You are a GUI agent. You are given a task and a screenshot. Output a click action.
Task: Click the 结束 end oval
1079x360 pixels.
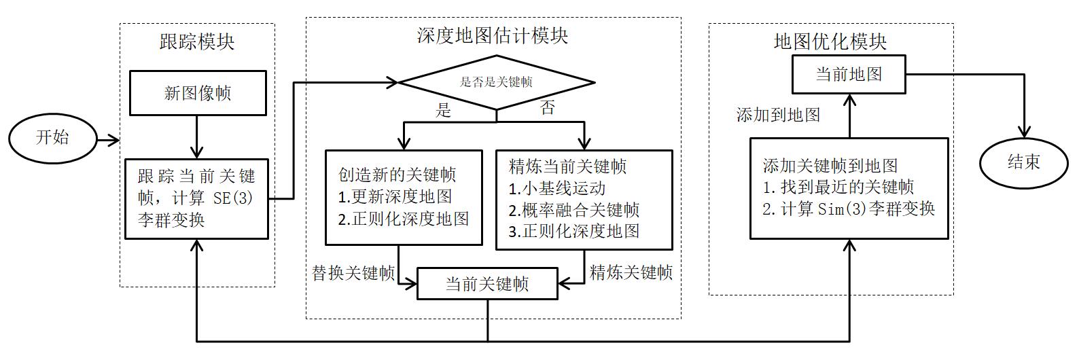(1023, 162)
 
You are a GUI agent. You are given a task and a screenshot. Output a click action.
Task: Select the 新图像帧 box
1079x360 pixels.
(198, 94)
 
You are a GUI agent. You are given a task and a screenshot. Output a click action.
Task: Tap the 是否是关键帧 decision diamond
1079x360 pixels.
(496, 82)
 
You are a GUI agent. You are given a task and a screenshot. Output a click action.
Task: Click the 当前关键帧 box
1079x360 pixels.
(487, 284)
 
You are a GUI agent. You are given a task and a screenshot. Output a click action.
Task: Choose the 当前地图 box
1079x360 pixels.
(849, 74)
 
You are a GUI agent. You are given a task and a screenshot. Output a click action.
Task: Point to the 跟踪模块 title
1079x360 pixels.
(197, 42)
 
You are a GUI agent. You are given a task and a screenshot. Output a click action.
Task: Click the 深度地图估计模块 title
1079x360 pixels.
(492, 36)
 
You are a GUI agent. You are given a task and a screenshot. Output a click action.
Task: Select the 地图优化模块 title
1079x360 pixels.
(830, 42)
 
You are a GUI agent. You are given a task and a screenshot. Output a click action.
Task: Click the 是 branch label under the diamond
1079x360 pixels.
(443, 110)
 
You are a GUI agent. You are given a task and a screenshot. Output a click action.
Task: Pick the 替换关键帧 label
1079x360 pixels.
(353, 274)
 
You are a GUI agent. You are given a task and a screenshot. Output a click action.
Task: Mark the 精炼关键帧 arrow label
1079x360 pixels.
(631, 273)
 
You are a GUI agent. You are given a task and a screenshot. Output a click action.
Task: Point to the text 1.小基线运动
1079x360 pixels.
(556, 188)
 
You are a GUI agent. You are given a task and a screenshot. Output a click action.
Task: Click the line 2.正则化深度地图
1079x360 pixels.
(404, 219)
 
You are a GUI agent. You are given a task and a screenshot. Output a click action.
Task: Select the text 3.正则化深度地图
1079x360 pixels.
(574, 231)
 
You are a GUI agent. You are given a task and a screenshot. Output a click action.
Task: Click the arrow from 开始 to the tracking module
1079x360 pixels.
(108, 141)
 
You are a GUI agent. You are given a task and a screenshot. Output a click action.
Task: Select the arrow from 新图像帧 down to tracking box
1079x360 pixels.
(197, 137)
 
